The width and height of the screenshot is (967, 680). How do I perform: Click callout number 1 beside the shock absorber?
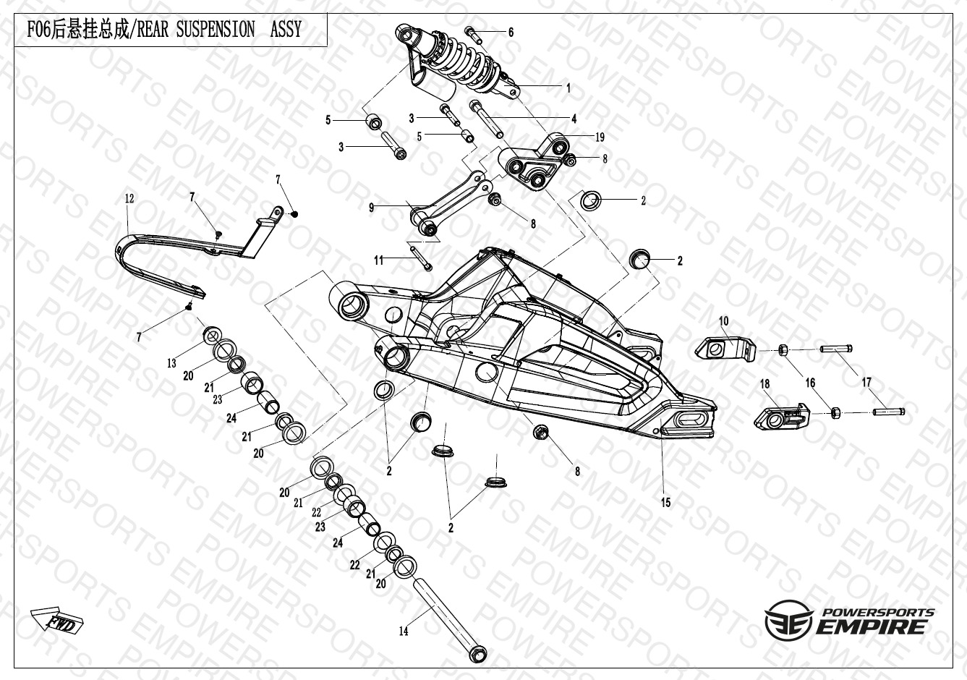[568, 88]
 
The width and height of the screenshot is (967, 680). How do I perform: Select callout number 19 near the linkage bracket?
[600, 137]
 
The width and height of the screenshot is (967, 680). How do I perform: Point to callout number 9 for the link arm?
[372, 208]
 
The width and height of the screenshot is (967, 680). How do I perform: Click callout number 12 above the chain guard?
[129, 198]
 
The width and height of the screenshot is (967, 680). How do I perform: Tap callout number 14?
[404, 632]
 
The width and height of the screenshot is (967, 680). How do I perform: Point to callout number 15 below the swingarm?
[665, 502]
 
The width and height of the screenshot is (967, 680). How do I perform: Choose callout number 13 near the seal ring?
[171, 363]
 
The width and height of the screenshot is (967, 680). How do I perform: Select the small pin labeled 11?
[420, 258]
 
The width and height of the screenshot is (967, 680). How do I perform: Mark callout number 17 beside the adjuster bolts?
[866, 382]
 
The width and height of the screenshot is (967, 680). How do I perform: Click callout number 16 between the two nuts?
[810, 383]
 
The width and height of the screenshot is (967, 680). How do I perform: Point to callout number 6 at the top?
[511, 32]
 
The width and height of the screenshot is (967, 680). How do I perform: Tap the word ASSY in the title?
[286, 30]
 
